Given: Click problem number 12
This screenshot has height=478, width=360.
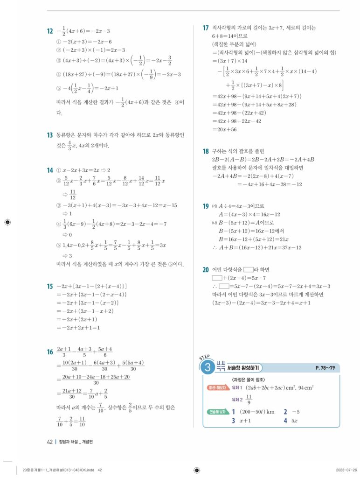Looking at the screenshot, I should point(49,32).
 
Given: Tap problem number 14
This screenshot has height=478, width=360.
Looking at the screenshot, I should point(49,170).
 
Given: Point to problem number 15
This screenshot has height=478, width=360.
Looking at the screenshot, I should point(49,286).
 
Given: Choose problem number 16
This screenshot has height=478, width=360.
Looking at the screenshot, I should point(49,352).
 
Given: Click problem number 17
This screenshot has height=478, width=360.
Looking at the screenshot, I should point(206,28).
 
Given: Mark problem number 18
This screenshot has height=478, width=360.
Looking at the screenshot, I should point(206,151).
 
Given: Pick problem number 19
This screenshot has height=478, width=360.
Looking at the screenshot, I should point(206,206).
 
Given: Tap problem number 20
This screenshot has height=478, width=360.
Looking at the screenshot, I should point(206,269).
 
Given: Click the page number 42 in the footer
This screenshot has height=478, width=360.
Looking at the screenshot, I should point(50,443).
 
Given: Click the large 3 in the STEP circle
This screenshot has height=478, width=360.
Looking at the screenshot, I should point(207,369).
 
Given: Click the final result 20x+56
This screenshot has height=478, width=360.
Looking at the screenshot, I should point(224,130).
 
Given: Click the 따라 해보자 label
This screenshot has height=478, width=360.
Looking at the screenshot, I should point(217,387).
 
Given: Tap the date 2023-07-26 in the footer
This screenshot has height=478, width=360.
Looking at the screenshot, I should point(346,470).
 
